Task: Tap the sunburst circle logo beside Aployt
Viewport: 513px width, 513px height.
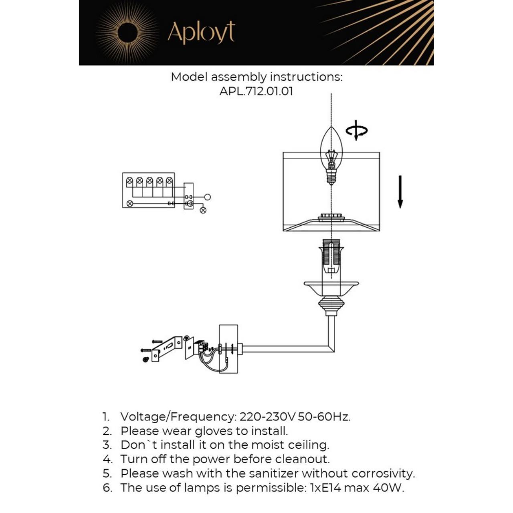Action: pyautogui.click(x=128, y=32)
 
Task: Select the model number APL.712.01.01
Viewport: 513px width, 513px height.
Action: pyautogui.click(x=256, y=91)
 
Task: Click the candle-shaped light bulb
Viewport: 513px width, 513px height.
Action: pyautogui.click(x=331, y=154)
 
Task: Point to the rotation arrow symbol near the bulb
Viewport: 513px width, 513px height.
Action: pyautogui.click(x=356, y=130)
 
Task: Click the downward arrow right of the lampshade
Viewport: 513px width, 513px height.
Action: pyautogui.click(x=400, y=192)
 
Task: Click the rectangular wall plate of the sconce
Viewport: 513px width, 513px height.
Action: pyautogui.click(x=228, y=349)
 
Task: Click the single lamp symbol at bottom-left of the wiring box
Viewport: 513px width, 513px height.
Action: pyautogui.click(x=129, y=204)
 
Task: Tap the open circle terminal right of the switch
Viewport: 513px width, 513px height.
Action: pyautogui.click(x=207, y=197)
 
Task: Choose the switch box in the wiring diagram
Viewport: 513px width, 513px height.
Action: pyautogui.click(x=188, y=196)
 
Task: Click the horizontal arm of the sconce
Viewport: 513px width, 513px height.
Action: pyautogui.click(x=287, y=349)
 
